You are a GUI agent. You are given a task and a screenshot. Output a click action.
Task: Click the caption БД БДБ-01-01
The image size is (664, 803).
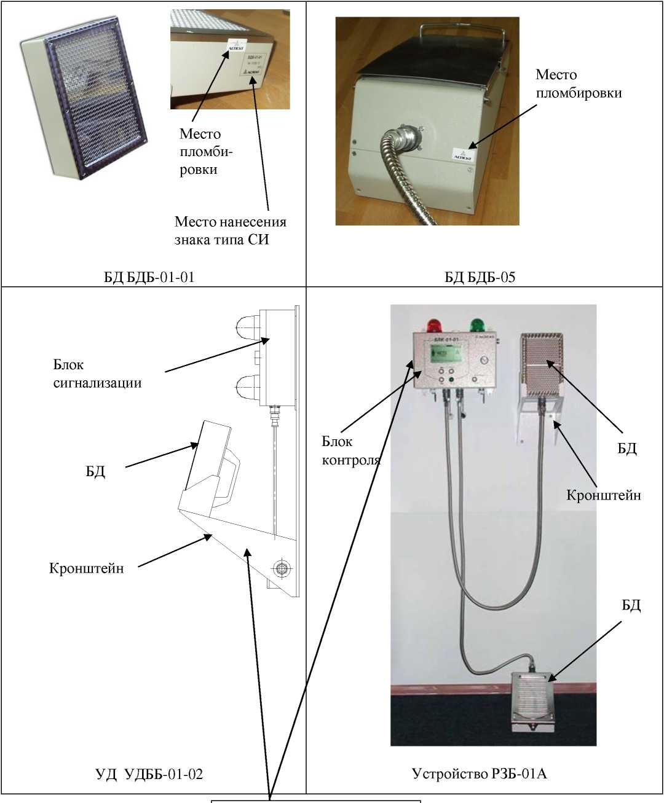point(149,277)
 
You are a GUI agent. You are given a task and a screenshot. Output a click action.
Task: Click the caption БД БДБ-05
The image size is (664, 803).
point(480,277)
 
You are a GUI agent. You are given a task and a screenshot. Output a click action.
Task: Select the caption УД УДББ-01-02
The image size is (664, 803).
point(149,774)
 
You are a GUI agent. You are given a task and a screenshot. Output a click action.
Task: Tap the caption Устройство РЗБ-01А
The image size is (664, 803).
point(479,774)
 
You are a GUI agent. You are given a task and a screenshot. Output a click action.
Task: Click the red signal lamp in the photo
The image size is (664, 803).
point(435,325)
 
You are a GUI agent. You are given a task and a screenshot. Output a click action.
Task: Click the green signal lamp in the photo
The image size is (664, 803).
point(476,325)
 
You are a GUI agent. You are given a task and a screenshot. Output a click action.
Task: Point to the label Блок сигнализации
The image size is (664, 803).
point(97,374)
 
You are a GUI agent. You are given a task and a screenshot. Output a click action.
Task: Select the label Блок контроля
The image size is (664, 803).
point(350,450)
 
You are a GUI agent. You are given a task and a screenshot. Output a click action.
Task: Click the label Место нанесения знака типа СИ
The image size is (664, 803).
point(230,230)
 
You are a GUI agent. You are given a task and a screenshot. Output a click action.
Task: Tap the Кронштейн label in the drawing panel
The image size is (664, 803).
point(86,568)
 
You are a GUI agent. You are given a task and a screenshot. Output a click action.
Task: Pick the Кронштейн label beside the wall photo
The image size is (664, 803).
point(603,495)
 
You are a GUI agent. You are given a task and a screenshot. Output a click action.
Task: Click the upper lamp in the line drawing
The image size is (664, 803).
point(248,329)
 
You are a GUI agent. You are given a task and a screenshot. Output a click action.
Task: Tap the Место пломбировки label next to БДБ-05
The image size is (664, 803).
point(578,84)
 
